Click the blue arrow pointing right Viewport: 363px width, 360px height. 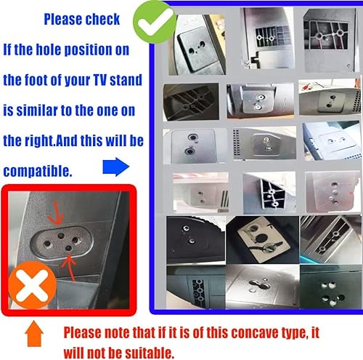point(116,169)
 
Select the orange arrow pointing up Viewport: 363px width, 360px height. point(30,335)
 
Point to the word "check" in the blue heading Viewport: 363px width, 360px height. point(99,19)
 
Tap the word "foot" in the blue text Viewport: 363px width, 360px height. point(42,79)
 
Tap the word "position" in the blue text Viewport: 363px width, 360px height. point(106,50)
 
